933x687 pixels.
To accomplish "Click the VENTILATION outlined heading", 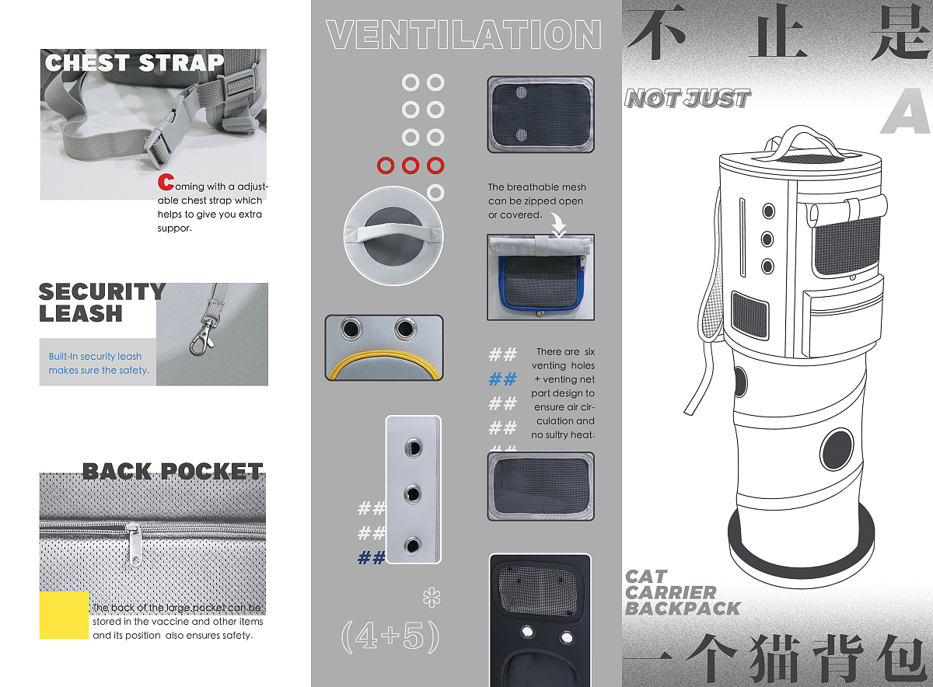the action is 463,34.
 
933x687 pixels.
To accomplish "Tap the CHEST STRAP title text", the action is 135,63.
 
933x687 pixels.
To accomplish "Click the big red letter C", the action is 166,182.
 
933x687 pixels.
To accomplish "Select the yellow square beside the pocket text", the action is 64,615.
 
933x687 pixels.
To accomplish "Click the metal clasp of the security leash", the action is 203,336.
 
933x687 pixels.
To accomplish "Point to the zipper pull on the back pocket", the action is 134,545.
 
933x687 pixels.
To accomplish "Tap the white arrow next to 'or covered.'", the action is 558,225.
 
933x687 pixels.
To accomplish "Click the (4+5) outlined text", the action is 390,636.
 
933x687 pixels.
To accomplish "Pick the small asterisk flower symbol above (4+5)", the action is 432,598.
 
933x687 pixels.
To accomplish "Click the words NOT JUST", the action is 687,99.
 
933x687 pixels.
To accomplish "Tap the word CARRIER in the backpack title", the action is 670,592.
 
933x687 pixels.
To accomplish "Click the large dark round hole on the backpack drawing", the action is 837,450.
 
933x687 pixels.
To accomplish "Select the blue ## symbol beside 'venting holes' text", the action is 503,379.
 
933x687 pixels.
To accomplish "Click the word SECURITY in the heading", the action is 102,291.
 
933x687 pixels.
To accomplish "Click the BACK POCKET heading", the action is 173,472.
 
